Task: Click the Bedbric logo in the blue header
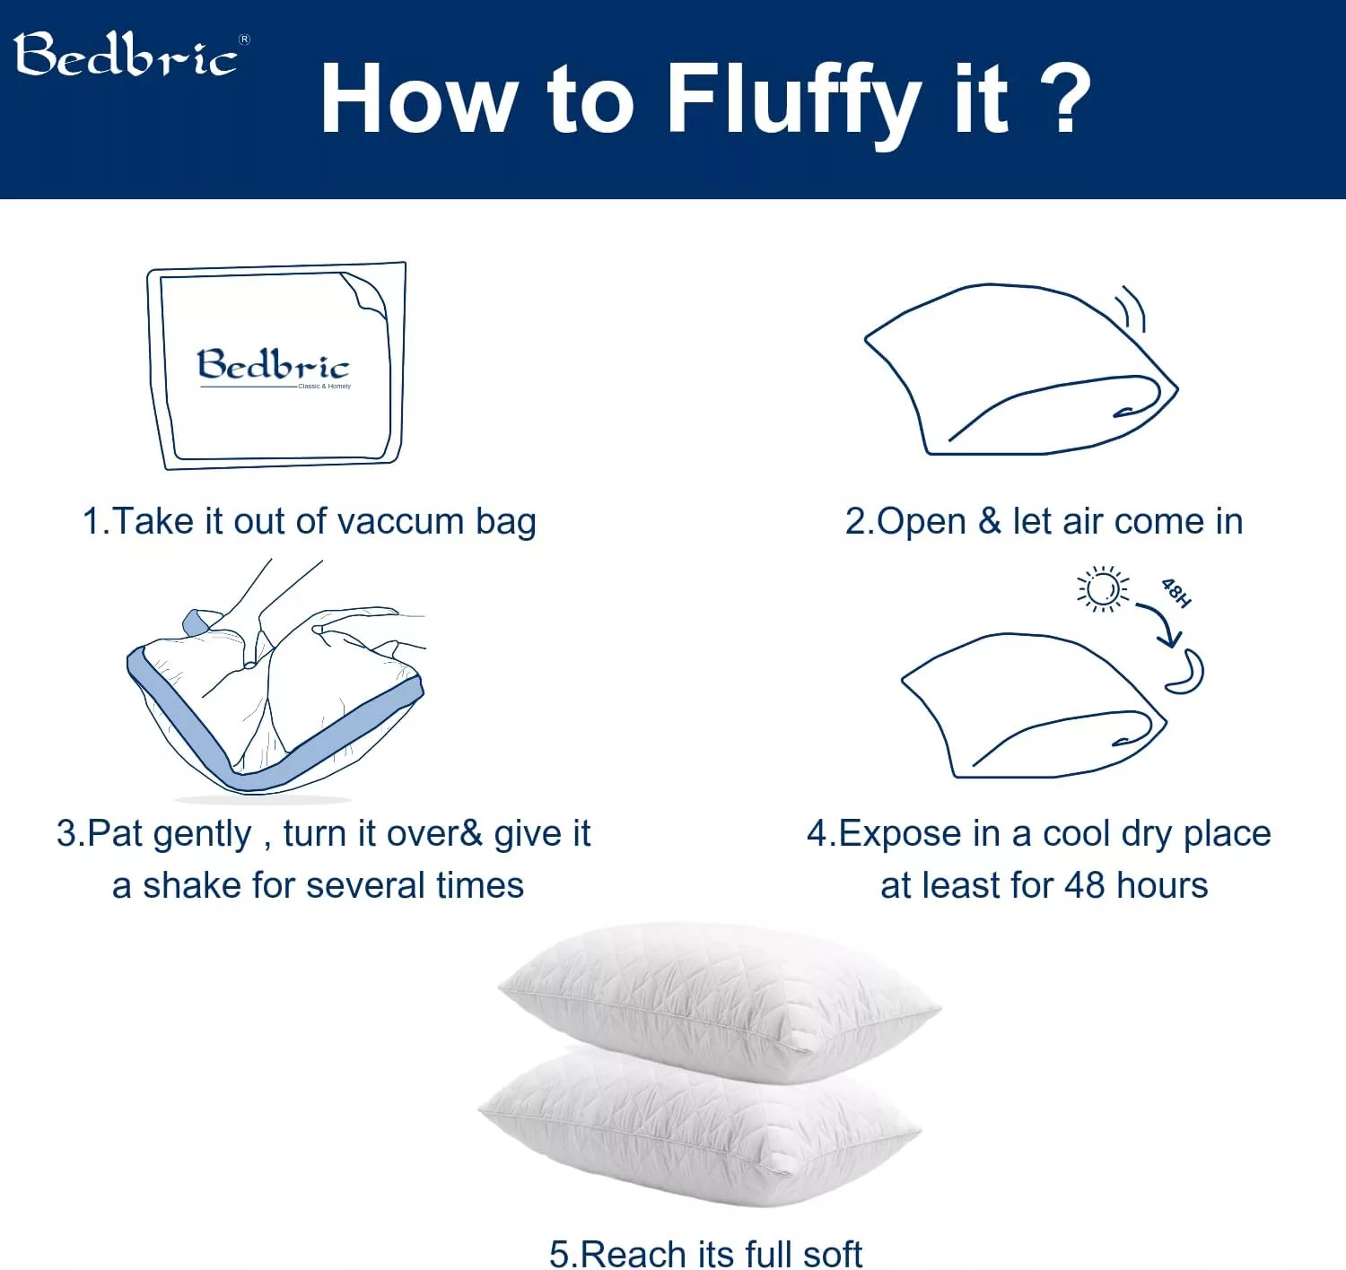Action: [126, 56]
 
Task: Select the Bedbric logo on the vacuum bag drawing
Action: [273, 366]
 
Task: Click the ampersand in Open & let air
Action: [990, 521]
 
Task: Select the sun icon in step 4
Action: [1103, 589]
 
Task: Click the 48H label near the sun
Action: [1176, 593]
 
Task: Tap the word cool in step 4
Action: [1077, 834]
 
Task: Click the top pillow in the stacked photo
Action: [718, 996]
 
